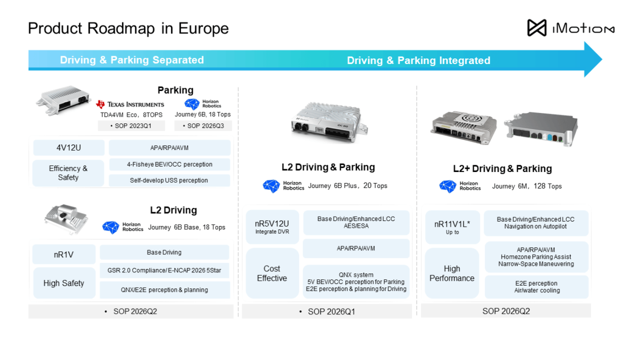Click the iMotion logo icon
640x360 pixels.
coord(536,28)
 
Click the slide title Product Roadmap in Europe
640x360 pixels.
coord(128,29)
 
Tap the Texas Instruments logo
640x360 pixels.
coord(130,104)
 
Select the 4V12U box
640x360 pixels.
coord(68,148)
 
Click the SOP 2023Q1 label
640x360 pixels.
coord(131,126)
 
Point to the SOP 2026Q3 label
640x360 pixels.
coord(203,126)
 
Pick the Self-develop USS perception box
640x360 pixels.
coord(169,180)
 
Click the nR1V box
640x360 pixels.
coord(63,254)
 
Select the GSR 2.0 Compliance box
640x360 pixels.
coord(164,270)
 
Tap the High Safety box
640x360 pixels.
coord(63,283)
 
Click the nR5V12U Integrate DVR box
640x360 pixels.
coord(272,227)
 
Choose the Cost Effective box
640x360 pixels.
coord(272,273)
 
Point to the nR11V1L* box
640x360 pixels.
coord(452,227)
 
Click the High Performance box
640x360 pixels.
coord(452,273)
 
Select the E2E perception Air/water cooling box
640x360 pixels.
coord(537,287)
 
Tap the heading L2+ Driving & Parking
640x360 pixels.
coord(502,169)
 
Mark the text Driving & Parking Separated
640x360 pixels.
coord(132,60)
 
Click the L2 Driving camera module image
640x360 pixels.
coord(67,219)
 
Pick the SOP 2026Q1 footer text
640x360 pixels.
coord(332,312)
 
